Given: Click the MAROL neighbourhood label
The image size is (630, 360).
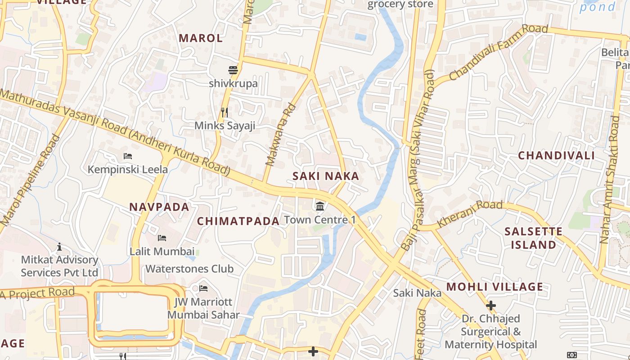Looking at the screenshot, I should [x=201, y=38].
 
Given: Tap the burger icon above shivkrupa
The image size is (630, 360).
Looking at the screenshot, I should [x=233, y=70].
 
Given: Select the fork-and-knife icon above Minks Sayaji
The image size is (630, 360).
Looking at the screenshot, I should [x=225, y=112].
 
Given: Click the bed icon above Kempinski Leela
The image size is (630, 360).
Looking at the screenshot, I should [x=128, y=157].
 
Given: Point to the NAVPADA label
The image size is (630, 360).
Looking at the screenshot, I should [x=159, y=207].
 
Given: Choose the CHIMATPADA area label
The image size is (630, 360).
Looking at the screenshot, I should [x=238, y=221].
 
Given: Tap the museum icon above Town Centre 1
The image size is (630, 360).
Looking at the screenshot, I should [x=320, y=207].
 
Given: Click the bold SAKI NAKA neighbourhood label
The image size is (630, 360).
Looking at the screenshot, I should [x=326, y=176].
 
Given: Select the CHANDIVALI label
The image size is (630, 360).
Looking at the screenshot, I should [x=556, y=156].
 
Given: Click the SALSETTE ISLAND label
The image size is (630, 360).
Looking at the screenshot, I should [x=533, y=238].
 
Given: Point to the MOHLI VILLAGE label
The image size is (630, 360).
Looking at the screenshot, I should [x=495, y=287].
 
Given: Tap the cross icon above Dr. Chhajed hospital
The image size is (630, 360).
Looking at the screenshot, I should [x=490, y=306].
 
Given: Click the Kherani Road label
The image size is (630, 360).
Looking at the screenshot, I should [x=470, y=214].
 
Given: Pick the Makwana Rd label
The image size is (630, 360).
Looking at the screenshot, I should [x=280, y=135].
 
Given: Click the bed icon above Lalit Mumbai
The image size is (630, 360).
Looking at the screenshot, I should [x=162, y=238].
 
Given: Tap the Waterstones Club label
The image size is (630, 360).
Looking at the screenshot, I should [x=189, y=269].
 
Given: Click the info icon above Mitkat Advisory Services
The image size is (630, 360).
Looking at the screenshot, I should [x=59, y=247].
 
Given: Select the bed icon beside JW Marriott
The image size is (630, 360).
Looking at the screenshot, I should [x=203, y=288].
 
